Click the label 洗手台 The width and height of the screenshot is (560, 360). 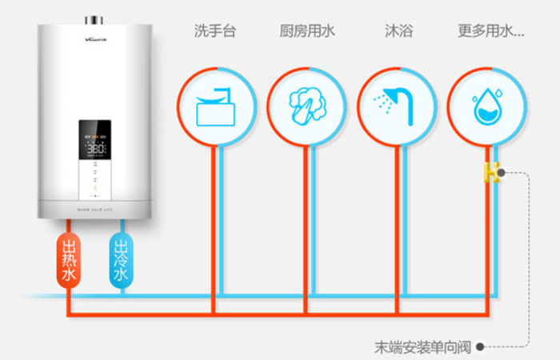[x=215, y=32]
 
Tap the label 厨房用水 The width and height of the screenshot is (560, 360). [x=308, y=32]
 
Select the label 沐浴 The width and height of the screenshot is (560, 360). [x=398, y=32]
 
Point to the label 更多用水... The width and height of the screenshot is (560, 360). [x=490, y=32]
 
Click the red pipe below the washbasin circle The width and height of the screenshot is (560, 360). [x=214, y=224]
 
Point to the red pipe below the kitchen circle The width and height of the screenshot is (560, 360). [x=305, y=224]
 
